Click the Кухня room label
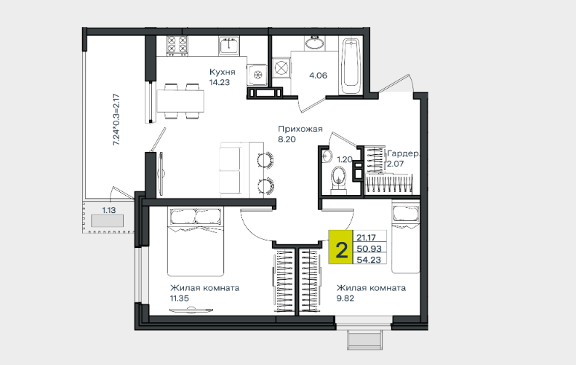pos(223,72)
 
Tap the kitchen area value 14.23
pos(220,82)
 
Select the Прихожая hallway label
pos(300,129)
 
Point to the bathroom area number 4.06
pos(318,76)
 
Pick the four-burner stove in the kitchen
pos(177,46)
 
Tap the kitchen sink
pos(229,46)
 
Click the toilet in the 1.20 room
pos(338,180)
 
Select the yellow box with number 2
pos(340,247)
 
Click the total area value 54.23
pos(369,260)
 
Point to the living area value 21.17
pos(366,238)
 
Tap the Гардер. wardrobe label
pos(403,153)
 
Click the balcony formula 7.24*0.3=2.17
pos(116,120)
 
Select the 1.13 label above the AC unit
pos(109,210)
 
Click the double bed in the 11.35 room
pos(196,241)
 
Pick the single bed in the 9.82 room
pos(406,236)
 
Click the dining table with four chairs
pos(181,101)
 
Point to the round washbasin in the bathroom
pos(314,43)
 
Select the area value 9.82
pos(345,298)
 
